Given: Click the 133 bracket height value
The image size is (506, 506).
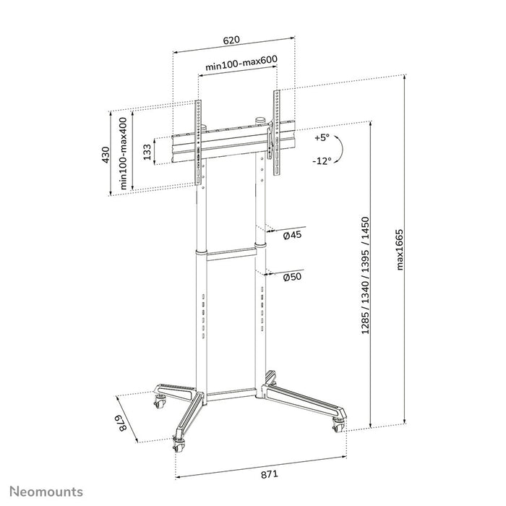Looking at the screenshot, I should click(x=147, y=153).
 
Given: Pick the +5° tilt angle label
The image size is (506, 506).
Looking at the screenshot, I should click(x=322, y=137).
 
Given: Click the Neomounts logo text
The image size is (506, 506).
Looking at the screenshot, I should click(x=46, y=492).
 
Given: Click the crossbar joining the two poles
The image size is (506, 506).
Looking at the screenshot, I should click(x=231, y=252).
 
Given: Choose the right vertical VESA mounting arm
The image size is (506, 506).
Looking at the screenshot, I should click(x=277, y=134).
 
